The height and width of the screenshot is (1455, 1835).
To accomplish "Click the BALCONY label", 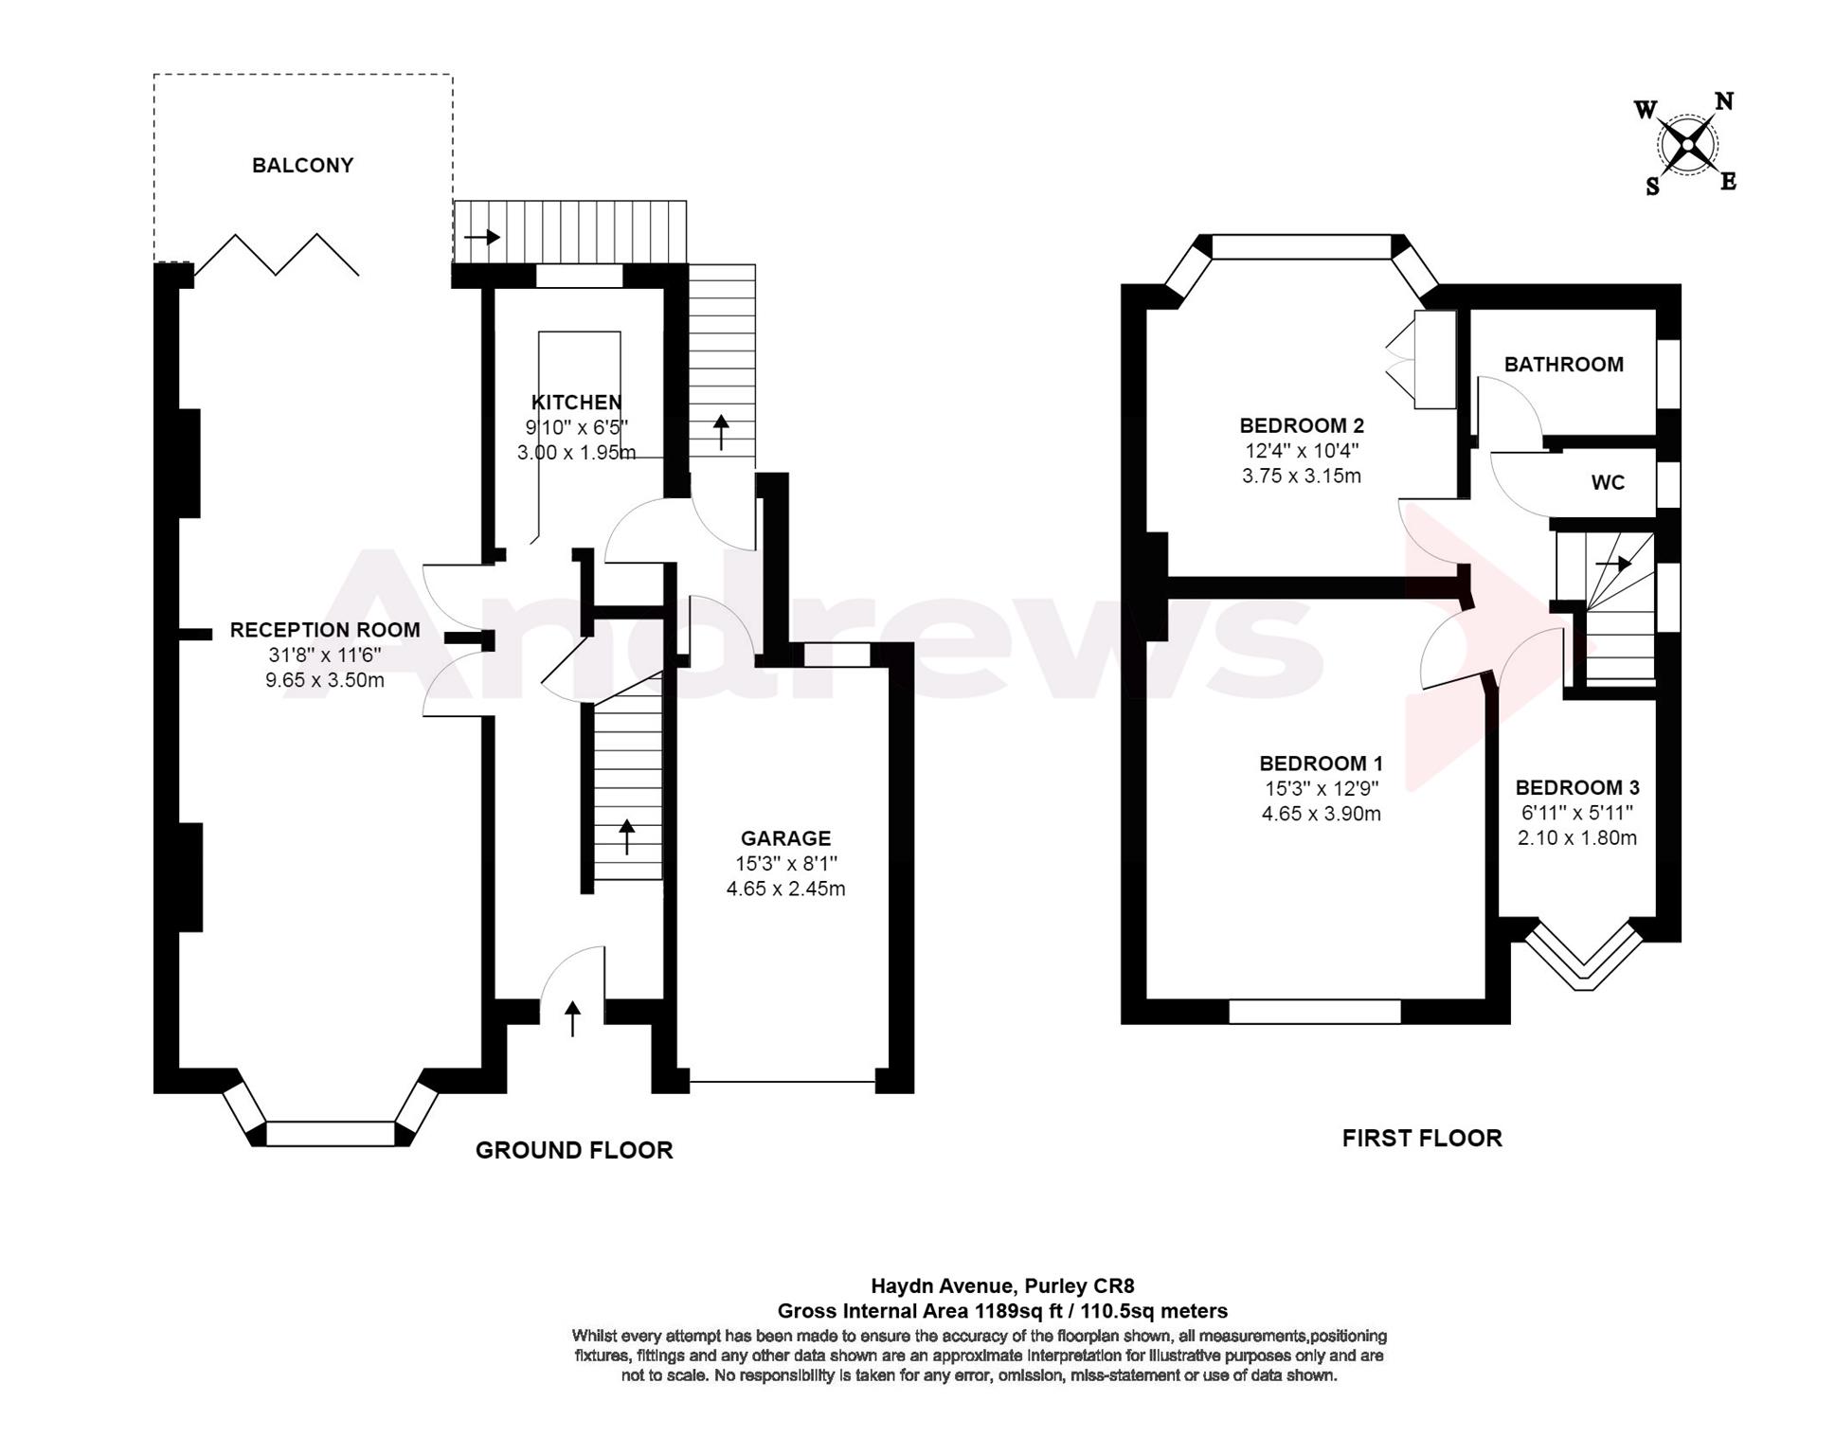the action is tap(302, 166).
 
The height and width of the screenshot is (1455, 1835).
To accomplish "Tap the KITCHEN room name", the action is tap(576, 403).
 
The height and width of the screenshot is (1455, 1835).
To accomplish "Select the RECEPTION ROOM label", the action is tap(325, 630).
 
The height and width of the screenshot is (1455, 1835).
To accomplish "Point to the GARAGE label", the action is tap(785, 838).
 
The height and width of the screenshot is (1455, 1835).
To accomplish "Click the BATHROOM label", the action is tap(1563, 365).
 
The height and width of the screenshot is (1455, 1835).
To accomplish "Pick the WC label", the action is tap(1608, 483).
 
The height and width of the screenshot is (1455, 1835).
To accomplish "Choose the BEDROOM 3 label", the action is tap(1577, 787).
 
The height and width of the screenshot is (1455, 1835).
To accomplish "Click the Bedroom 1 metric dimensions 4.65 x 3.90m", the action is tap(1321, 814).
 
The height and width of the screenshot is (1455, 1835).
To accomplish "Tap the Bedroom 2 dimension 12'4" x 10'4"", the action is tap(1302, 451).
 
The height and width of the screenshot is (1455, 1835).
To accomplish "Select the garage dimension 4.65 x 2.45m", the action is tap(785, 889).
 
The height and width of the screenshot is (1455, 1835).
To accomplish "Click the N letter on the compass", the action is tap(1724, 102).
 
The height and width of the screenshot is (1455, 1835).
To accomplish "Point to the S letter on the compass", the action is tap(1652, 187).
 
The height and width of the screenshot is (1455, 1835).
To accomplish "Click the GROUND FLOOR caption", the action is tap(574, 1150).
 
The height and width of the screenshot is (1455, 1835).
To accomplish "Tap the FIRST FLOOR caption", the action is tap(1422, 1138).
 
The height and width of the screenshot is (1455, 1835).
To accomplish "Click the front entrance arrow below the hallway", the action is tap(572, 1019).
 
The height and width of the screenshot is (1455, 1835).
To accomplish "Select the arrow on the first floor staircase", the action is tap(1613, 565).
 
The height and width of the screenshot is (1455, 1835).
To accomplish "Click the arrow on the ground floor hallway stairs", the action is tap(626, 837).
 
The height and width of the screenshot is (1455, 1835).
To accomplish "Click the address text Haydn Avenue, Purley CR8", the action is tap(1002, 1286).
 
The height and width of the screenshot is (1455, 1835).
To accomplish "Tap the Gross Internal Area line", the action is tap(1002, 1311).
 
